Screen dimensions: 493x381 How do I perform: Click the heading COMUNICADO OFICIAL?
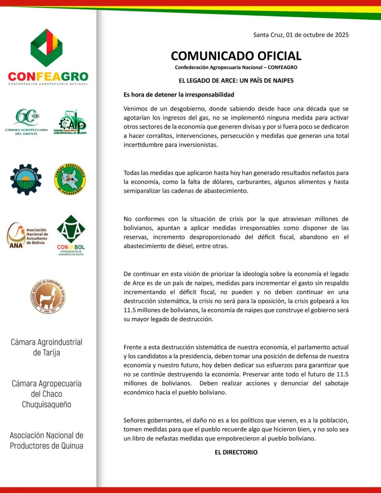click(236, 55)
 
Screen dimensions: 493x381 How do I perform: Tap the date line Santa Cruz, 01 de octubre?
click(301, 35)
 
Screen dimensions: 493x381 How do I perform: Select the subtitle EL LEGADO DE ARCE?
click(236, 81)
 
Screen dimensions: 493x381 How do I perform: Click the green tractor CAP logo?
click(72, 122)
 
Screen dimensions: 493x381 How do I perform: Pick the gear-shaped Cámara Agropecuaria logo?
click(26, 179)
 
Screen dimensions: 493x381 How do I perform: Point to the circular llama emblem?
click(48, 295)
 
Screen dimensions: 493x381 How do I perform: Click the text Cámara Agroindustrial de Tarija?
click(46, 347)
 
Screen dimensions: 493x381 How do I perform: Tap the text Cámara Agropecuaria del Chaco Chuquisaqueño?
click(46, 394)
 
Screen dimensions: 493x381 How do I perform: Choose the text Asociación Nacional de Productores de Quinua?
click(46, 440)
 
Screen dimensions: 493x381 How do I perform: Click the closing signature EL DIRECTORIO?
click(236, 452)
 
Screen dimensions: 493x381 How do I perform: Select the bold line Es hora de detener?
click(179, 94)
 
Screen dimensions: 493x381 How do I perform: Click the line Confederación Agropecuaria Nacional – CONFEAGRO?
click(236, 67)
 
